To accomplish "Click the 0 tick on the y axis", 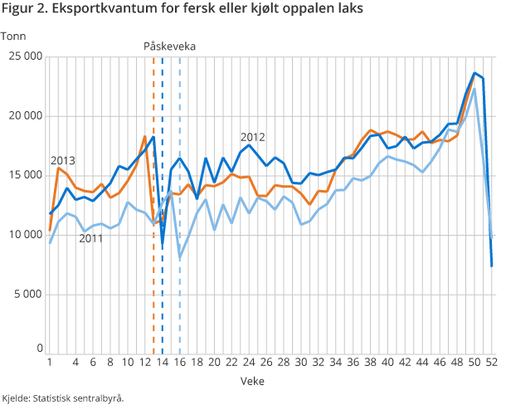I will pos(38,348).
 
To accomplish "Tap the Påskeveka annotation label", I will pos(169,46).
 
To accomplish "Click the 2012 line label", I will pos(252,137).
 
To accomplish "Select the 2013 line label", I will pos(63,160).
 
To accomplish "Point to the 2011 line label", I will pos(91,238).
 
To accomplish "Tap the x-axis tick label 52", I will pos(491,362).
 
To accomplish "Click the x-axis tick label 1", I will pos(50,362).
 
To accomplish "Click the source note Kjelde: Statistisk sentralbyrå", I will pos(63,398).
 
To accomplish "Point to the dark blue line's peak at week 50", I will pos(474,73).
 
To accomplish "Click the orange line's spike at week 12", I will pos(145,136).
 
